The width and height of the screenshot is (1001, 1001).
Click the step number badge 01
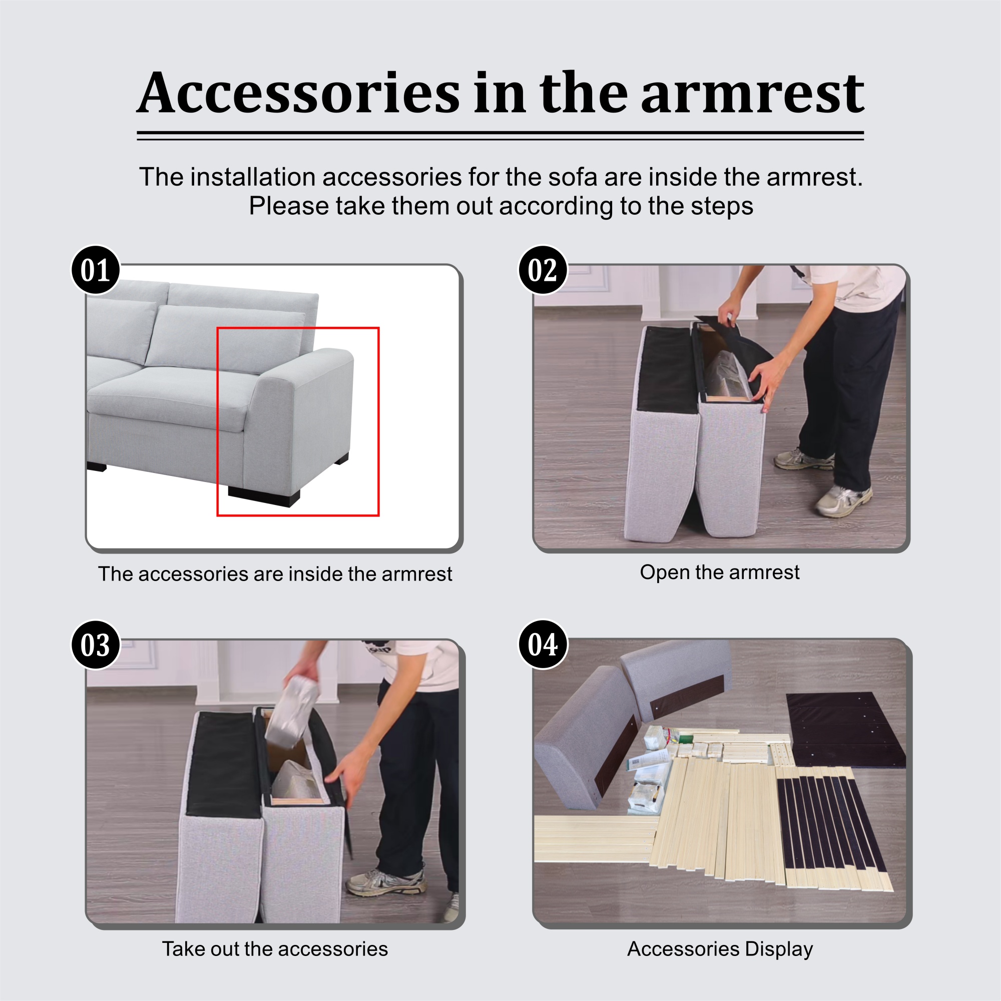[95, 270]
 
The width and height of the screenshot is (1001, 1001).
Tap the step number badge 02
[543, 270]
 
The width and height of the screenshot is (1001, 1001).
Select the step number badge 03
[95, 645]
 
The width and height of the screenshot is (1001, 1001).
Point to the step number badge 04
[543, 645]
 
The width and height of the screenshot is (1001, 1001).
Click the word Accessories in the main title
[298, 93]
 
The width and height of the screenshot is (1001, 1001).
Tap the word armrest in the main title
[752, 94]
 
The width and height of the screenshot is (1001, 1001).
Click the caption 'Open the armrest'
[719, 573]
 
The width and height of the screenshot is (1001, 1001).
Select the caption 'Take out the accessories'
[275, 948]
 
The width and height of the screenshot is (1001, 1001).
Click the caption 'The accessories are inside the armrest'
[275, 574]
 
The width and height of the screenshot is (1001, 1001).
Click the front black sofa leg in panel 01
[264, 496]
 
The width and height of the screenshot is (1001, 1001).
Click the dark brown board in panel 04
[845, 730]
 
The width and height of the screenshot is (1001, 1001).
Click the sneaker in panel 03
[386, 882]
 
